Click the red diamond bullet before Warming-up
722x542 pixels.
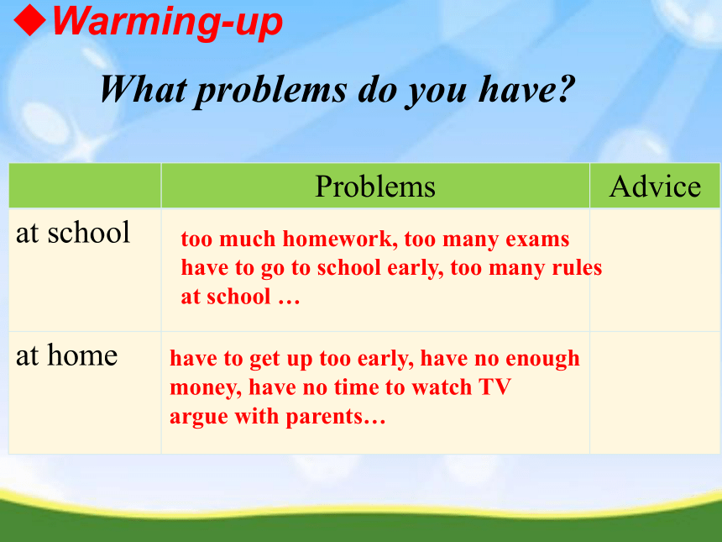pos(30,20)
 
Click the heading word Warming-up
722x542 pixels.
pos(167,22)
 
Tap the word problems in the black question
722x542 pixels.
pos(271,91)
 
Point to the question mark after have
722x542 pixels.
pos(564,87)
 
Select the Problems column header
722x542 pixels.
pos(375,187)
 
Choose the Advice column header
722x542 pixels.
pos(655,187)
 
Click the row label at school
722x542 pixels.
pos(73,232)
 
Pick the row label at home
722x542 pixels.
pos(67,355)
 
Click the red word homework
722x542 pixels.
pos(337,239)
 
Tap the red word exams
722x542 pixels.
pos(537,239)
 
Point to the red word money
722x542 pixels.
pos(206,388)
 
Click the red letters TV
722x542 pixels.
pos(495,387)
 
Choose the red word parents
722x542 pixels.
pos(336,417)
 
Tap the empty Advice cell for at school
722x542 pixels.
pos(655,270)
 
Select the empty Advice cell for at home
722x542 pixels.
pos(655,392)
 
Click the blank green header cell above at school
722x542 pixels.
pos(85,185)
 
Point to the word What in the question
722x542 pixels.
pos(144,89)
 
